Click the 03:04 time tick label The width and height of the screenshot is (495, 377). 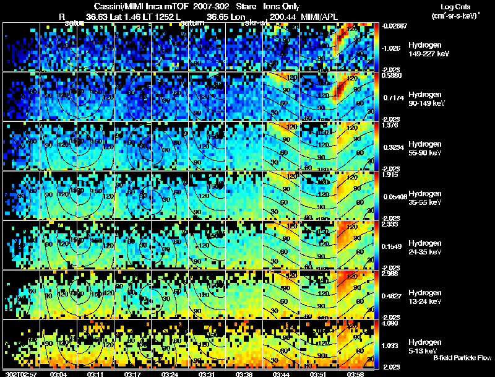[x=58, y=374]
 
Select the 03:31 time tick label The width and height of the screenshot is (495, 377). [x=207, y=374]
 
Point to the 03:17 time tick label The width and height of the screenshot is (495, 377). [x=133, y=374]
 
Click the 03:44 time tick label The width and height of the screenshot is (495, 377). [x=282, y=374]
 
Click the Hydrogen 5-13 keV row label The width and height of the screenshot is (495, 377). [x=424, y=346]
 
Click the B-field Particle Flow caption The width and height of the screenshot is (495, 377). [x=462, y=358]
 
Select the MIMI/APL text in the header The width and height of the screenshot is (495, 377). [x=320, y=17]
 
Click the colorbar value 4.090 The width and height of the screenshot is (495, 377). [x=394, y=323]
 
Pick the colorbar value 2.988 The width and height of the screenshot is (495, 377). [x=394, y=273]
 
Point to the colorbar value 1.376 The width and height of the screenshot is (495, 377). [x=394, y=125]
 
